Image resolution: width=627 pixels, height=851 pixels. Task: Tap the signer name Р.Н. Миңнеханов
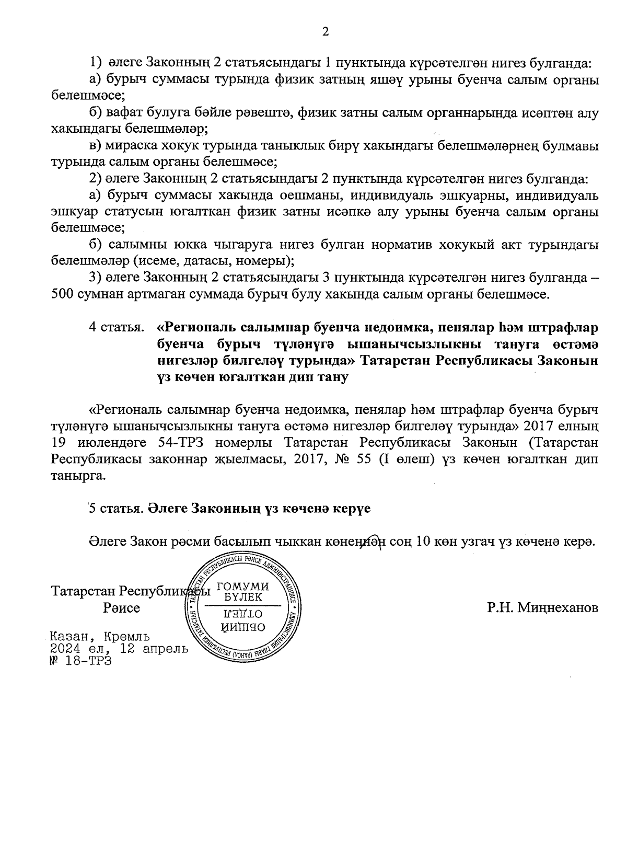pyautogui.click(x=542, y=608)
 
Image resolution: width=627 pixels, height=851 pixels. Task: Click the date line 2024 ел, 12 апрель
pyautogui.click(x=119, y=649)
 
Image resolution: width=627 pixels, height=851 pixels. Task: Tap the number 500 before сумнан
pyautogui.click(x=63, y=294)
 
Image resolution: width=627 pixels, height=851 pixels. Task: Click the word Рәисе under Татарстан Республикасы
pyautogui.click(x=122, y=608)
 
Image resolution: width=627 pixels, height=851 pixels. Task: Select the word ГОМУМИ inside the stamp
pyautogui.click(x=243, y=586)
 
